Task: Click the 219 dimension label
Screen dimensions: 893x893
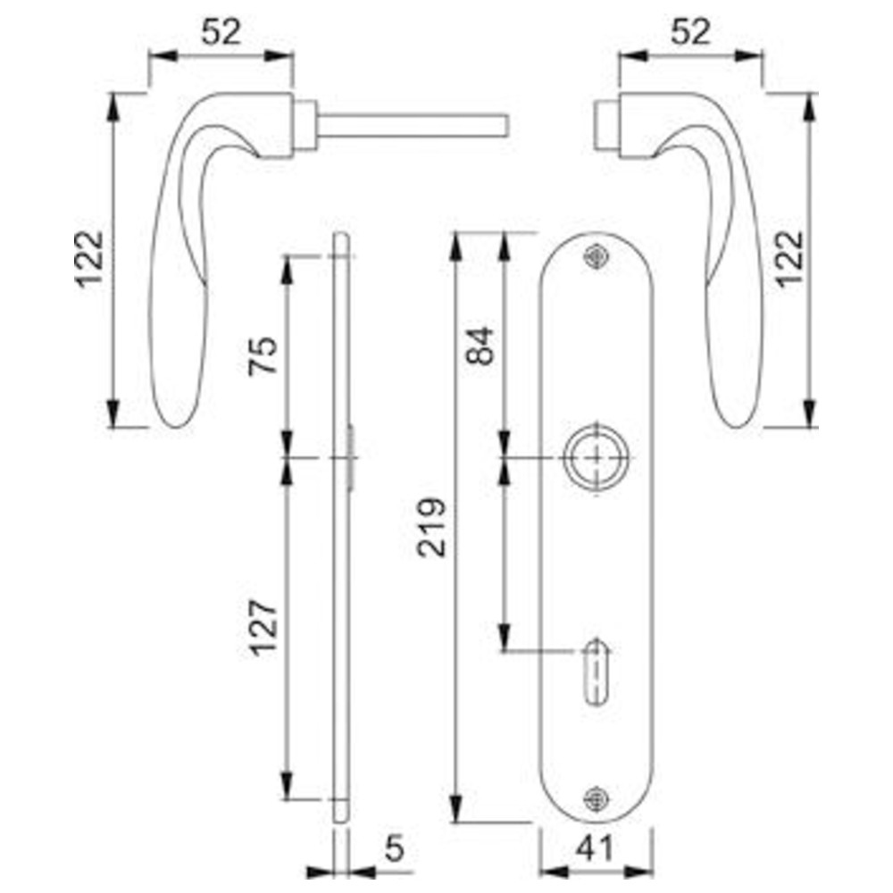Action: point(431,528)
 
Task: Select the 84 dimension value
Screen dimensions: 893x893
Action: point(480,346)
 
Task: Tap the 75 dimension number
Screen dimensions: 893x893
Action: point(263,356)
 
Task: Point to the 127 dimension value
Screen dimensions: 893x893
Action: point(263,629)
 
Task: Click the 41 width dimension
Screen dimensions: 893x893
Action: point(595,848)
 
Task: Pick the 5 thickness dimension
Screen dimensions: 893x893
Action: point(394,848)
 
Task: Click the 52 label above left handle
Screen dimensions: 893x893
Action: point(221,32)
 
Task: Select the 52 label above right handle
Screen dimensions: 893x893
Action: point(691,32)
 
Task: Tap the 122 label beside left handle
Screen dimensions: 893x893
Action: point(90,259)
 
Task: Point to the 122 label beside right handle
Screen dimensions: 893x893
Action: point(789,259)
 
